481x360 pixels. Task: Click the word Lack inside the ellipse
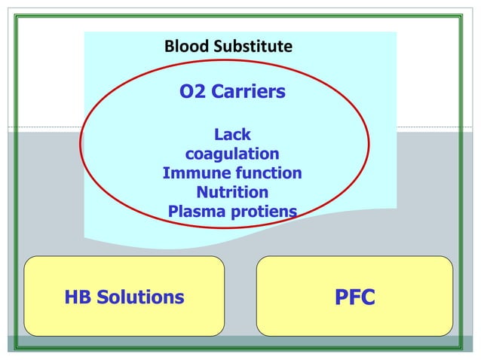(232, 135)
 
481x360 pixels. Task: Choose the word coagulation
(232, 154)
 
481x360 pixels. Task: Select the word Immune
(191, 173)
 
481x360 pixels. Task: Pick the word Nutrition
(232, 192)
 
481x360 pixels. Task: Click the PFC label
(354, 297)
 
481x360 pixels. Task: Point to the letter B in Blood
(169, 47)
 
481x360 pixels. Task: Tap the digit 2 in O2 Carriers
(200, 92)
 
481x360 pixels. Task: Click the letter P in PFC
(340, 297)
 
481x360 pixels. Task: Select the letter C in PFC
(368, 297)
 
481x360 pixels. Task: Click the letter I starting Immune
(165, 173)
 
